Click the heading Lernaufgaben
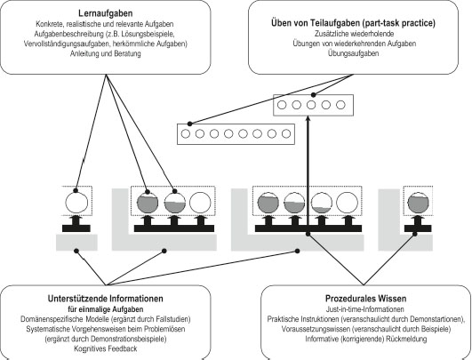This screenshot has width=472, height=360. coord(106,13)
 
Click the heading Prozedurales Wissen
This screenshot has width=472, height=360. coord(365,299)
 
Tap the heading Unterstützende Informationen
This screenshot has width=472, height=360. coord(106,299)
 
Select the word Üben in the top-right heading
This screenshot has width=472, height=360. coord(280,23)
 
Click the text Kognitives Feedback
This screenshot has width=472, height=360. coord(106,348)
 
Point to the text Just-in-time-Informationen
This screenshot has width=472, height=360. coord(364,309)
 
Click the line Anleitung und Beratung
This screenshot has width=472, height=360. coord(106,54)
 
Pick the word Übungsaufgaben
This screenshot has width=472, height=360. coord(354,53)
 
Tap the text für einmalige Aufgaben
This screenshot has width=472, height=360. coord(106,309)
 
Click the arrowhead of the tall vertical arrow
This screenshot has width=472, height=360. coord(308,118)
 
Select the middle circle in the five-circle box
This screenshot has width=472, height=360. coord(311,105)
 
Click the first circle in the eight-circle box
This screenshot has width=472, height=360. coord(186,133)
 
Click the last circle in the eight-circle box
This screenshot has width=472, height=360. coord(286,133)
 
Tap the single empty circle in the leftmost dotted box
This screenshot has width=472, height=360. coord(76,203)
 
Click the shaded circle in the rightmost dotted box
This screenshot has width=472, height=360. coord(418,203)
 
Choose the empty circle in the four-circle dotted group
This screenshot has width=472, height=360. coord(347,203)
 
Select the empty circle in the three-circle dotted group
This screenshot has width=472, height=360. coord(200,203)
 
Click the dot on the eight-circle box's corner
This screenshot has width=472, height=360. coord(189,124)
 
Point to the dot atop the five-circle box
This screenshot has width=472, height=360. coord(314,95)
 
